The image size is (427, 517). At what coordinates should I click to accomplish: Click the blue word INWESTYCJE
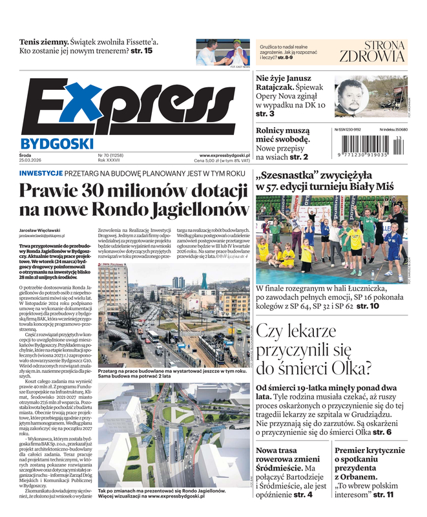pyautogui.click(x=41, y=173)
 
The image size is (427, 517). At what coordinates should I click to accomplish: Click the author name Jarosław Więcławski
pyautogui.click(x=45, y=231)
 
